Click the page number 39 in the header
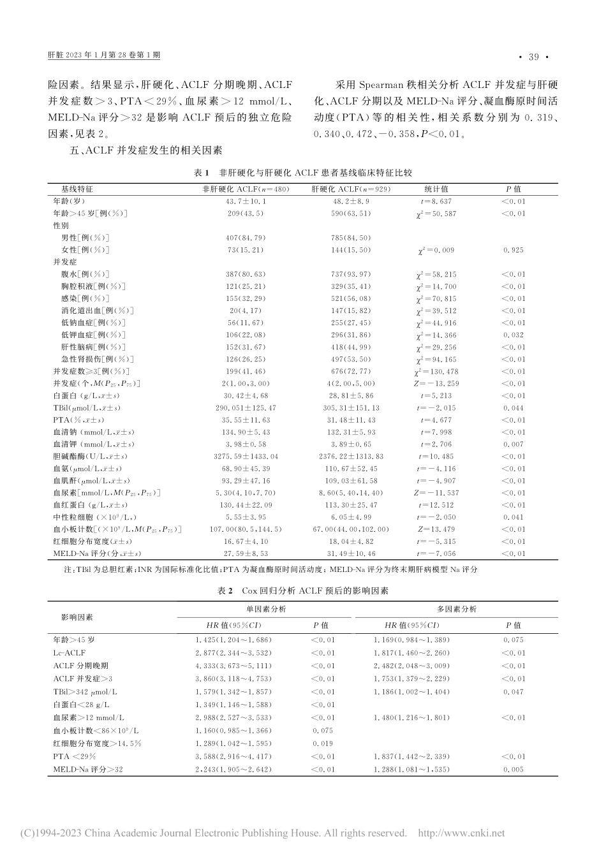point(533,57)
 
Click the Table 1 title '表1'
point(201,173)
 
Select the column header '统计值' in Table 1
point(436,189)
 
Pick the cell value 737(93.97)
point(350,274)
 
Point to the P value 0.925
point(514,250)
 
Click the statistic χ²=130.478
point(436,371)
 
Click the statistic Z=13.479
point(436,529)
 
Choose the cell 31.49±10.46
point(350,553)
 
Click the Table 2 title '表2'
point(223,591)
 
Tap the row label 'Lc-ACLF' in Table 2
point(70,652)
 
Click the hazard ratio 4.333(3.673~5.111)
point(233,666)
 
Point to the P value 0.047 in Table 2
point(513,691)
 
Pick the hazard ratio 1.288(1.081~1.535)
point(421,770)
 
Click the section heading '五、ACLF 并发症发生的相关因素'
point(145,150)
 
